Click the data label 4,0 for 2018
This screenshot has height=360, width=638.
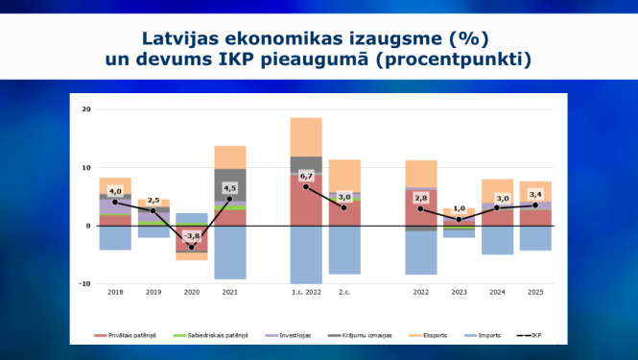point(115,190)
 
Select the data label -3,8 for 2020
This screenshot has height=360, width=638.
point(192,236)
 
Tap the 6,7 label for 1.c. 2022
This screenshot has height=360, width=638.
point(306,177)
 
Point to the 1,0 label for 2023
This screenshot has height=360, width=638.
point(459,208)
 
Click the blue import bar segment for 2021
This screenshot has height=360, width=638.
point(230,252)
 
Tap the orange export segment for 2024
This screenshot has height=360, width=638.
point(497,190)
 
